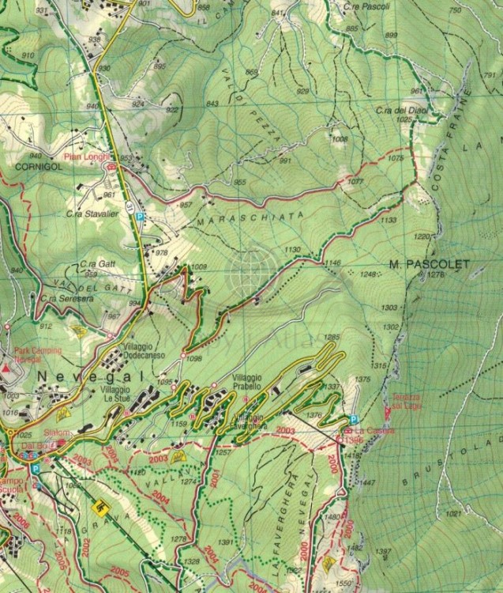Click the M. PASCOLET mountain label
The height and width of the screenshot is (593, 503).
coord(429,263)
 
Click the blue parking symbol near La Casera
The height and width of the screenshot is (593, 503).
coord(353,420)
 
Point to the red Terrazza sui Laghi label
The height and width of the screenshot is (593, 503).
coord(401,400)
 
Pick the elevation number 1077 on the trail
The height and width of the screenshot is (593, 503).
coord(355,182)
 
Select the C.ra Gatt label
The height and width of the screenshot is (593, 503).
coord(95,266)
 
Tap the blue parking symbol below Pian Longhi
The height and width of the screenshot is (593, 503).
coord(139,216)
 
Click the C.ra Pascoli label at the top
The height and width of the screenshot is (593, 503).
coord(362,6)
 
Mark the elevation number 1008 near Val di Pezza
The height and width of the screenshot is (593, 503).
coord(340,139)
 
